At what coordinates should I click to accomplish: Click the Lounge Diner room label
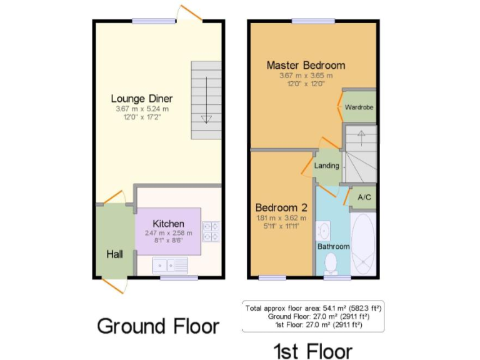coord(142,98)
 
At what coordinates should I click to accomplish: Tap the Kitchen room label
coord(169,223)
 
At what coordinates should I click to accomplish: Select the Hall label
coord(114,254)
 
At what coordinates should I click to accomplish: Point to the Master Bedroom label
coord(306,65)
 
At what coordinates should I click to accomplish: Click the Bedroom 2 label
coord(281,207)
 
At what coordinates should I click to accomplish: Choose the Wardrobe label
coord(359,107)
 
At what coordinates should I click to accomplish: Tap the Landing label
coord(326,166)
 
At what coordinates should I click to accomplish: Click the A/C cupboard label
coord(364,197)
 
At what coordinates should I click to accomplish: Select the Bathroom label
coord(333,246)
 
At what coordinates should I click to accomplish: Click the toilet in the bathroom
coord(331,262)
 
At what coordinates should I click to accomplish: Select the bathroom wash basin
coord(324,231)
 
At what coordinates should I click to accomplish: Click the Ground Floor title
coord(158,326)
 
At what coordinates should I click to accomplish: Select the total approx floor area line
coord(314,308)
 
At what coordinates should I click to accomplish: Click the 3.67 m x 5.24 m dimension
coord(142,109)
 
